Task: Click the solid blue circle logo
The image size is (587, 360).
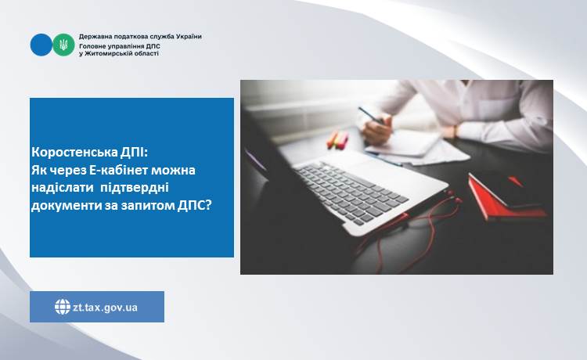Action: tap(41, 45)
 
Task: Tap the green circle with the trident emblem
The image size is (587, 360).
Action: tap(63, 45)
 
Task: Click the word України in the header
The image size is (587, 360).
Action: tap(189, 37)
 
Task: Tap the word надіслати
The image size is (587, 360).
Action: tap(63, 188)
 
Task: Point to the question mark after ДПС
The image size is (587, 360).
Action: tap(208, 205)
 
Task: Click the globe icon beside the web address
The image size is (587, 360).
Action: tap(63, 307)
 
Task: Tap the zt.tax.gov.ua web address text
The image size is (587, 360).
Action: tap(105, 308)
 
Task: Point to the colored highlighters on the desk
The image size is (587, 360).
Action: tap(337, 139)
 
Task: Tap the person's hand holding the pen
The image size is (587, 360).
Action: tap(377, 129)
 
